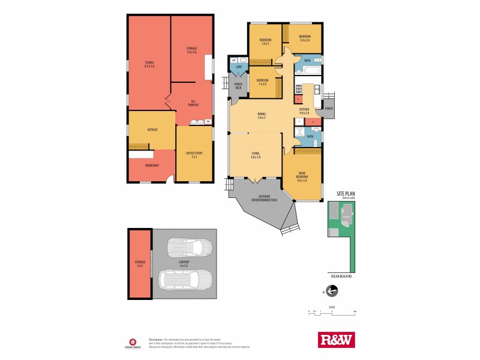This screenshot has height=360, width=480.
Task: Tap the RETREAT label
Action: [152, 129]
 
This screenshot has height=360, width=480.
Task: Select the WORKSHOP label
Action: [152, 165]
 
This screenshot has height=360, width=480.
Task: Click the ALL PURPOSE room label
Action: [193, 103]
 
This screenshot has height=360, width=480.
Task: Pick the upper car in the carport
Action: [190, 248]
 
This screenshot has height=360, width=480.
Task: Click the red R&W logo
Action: [336, 340]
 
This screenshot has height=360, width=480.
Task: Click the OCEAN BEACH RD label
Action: [341, 276]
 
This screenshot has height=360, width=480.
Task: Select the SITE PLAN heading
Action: [346, 194]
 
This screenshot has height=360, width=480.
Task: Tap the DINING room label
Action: [262, 116]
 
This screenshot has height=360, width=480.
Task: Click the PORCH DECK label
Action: [238, 86]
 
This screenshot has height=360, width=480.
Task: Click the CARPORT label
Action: [184, 263]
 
